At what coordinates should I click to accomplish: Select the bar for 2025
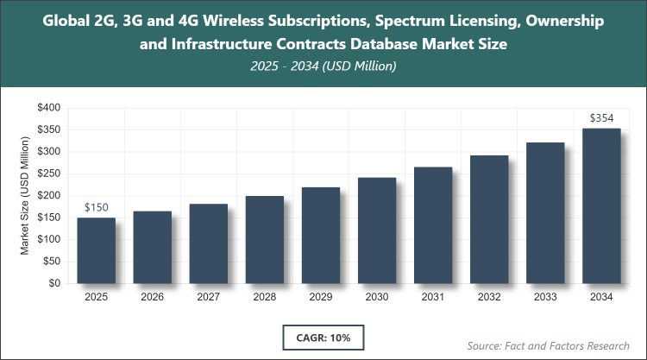click(96, 250)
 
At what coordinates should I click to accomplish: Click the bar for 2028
click(264, 239)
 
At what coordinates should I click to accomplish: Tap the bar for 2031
click(433, 225)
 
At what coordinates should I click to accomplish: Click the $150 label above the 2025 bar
click(96, 208)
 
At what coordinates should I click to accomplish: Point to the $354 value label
click(601, 117)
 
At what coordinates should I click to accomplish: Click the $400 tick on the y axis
click(47, 108)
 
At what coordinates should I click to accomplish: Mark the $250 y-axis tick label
click(47, 174)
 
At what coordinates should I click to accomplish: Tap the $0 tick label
click(53, 283)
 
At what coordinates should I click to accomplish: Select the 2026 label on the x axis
click(152, 298)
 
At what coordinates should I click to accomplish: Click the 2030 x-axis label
click(377, 298)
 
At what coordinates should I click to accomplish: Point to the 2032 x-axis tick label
click(489, 298)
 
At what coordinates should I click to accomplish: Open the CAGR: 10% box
click(323, 336)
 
